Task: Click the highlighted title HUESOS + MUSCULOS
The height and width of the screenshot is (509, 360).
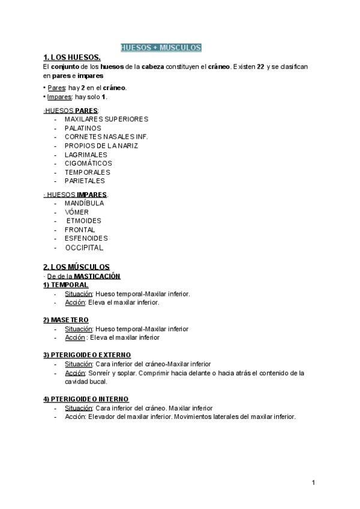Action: point(161,47)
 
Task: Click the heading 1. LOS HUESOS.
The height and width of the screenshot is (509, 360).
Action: point(67,58)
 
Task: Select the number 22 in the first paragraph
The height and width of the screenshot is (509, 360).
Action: point(260,67)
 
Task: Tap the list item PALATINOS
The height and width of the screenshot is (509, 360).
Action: point(83,128)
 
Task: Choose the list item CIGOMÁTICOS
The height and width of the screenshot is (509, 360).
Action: point(88,163)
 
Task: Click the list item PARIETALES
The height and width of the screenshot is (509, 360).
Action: point(85,181)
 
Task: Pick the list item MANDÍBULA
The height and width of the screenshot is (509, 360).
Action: point(84,203)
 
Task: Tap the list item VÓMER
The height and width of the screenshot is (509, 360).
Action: point(77,212)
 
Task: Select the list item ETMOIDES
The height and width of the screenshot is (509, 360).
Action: point(84,220)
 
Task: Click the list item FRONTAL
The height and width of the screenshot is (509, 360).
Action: point(80,229)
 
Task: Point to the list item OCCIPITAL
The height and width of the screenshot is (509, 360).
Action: point(84,247)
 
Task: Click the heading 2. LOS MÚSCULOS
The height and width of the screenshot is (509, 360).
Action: point(76,267)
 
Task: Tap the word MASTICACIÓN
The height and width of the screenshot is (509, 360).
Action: point(98,276)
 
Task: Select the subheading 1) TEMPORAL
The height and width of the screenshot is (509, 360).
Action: point(66,285)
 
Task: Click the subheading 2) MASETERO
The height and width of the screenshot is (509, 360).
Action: point(66,320)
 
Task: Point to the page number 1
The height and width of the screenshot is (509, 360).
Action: point(314,483)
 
